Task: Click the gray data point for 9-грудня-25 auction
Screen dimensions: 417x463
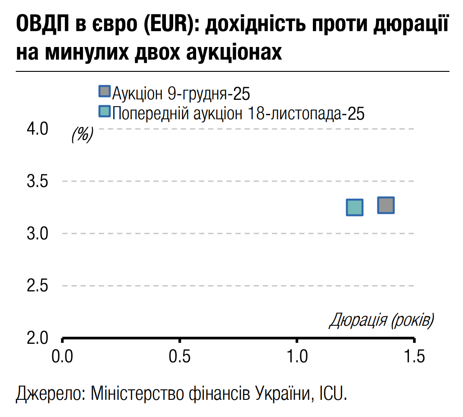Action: [x=386, y=205]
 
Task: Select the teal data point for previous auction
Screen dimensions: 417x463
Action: [x=355, y=207]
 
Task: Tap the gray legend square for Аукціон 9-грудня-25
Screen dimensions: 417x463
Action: [x=104, y=91]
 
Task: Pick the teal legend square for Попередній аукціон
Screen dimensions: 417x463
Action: [x=104, y=111]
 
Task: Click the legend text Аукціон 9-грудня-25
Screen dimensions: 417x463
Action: [x=181, y=94]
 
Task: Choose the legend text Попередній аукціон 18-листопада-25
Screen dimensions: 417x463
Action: [x=238, y=113]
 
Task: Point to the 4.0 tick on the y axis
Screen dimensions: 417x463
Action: [x=37, y=129]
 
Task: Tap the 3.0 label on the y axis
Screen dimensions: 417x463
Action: [x=37, y=234]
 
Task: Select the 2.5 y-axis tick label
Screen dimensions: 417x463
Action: [x=37, y=286]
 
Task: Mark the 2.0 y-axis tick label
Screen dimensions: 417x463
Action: [x=37, y=338]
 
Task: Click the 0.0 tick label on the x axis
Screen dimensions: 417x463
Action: [x=62, y=357]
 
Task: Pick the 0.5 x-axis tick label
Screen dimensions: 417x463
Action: [x=180, y=357]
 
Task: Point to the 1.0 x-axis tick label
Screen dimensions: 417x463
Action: [x=298, y=357]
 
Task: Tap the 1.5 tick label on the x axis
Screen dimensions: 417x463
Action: [x=414, y=357]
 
